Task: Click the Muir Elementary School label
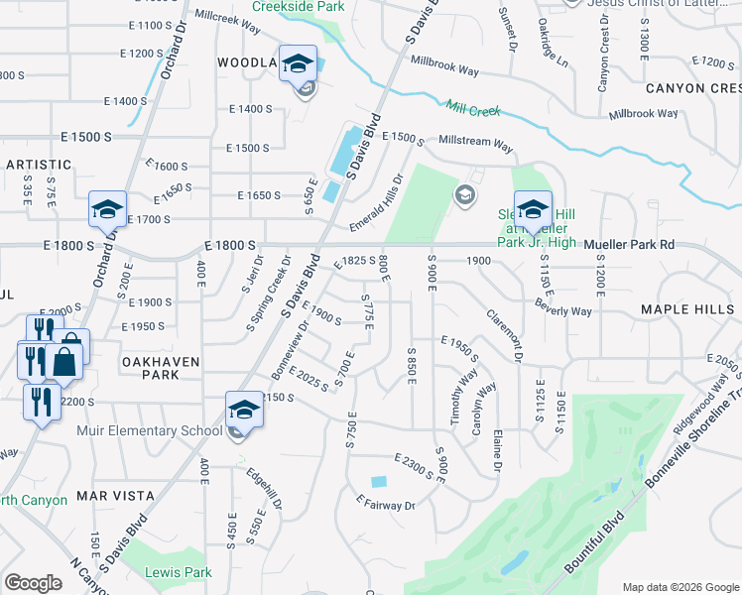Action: coord(149,430)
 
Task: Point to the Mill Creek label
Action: coord(473,110)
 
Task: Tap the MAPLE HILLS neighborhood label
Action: coord(688,310)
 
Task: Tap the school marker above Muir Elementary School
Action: coord(244,410)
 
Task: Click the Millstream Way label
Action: coord(475,144)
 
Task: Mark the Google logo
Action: coord(33,583)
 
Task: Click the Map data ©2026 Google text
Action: coord(680,587)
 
